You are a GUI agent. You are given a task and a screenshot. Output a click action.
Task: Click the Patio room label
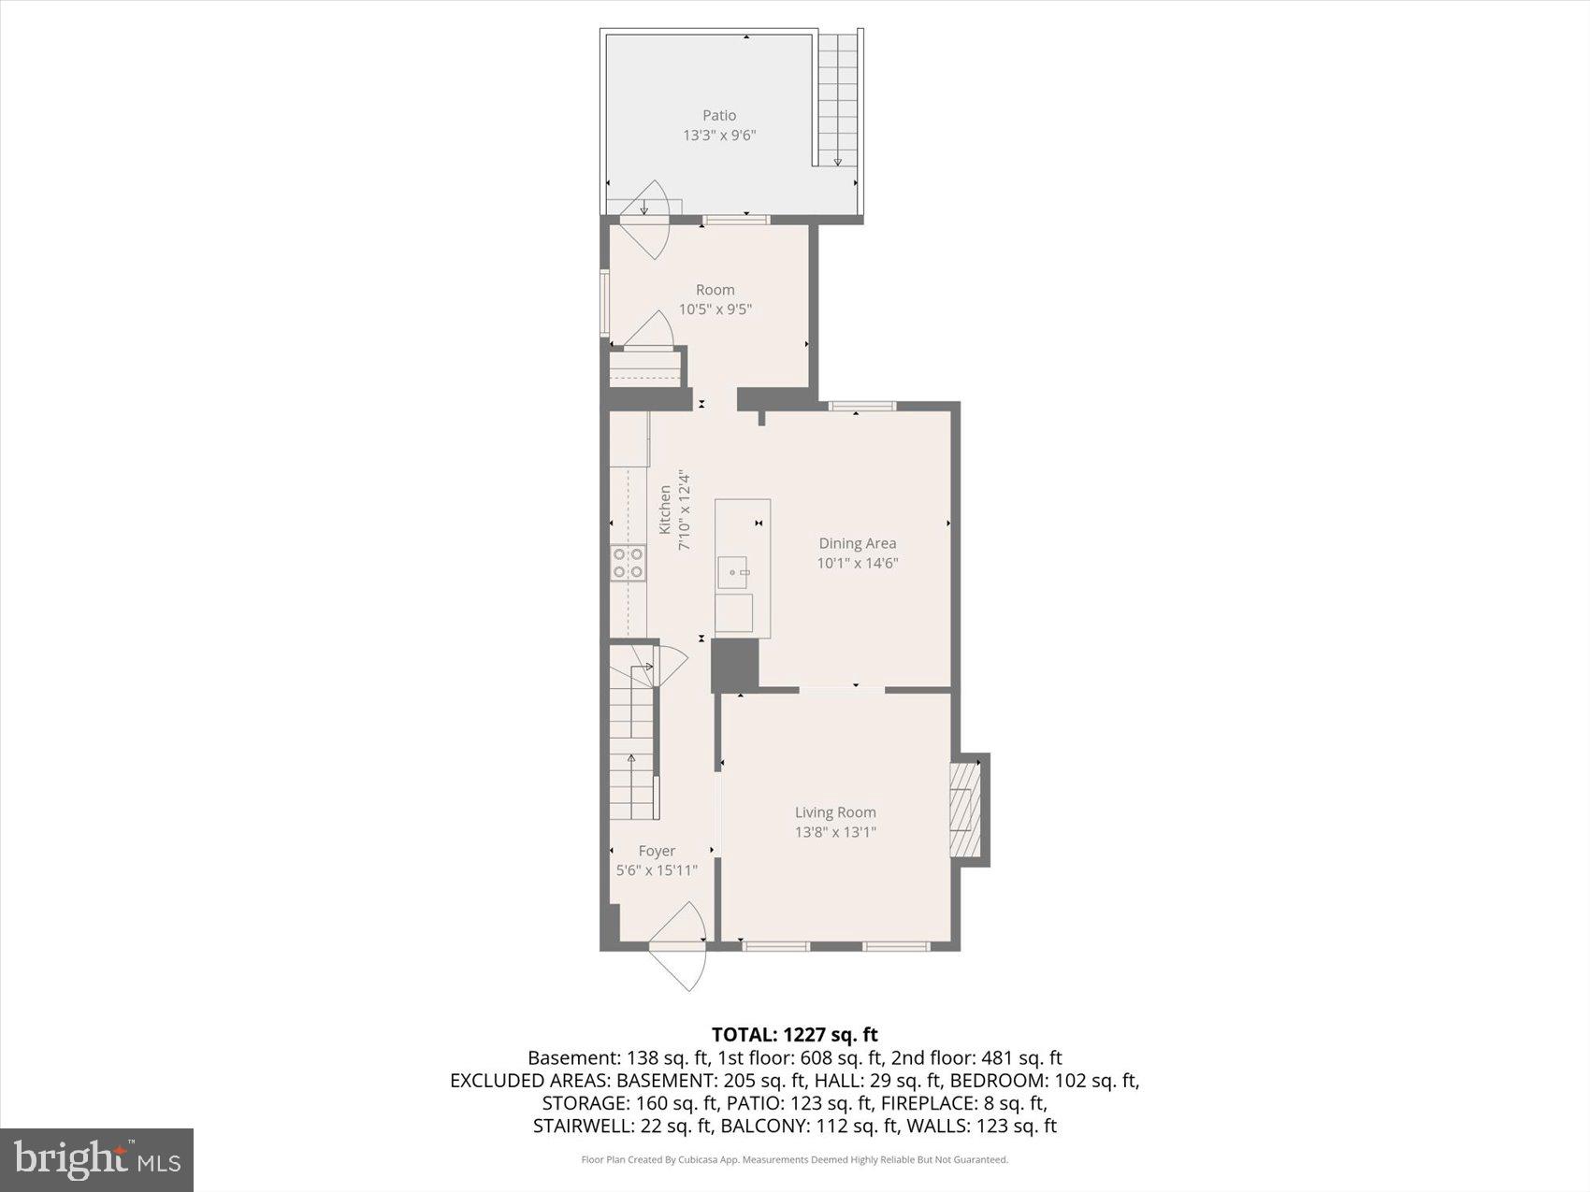719,115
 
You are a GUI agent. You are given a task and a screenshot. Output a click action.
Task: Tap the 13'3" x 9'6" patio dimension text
719,136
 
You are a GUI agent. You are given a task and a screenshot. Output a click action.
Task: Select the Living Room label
835,812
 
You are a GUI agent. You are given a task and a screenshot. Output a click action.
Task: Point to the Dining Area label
858,543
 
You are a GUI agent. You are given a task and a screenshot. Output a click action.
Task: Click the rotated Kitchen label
665,510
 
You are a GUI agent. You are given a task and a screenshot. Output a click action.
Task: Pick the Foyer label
657,851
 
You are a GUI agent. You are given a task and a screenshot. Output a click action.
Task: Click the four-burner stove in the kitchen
629,563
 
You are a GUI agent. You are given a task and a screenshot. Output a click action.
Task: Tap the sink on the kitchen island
733,570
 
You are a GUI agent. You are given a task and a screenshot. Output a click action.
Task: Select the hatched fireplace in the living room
965,810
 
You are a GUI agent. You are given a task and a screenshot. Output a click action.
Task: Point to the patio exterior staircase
837,98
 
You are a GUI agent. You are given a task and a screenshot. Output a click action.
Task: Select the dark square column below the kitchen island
734,665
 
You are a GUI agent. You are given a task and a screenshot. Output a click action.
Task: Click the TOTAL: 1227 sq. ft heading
794,1034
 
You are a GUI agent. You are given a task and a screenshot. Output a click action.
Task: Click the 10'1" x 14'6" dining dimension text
858,563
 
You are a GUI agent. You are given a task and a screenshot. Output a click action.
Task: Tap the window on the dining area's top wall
861,406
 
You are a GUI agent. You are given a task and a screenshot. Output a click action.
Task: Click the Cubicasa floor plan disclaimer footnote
794,1159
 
